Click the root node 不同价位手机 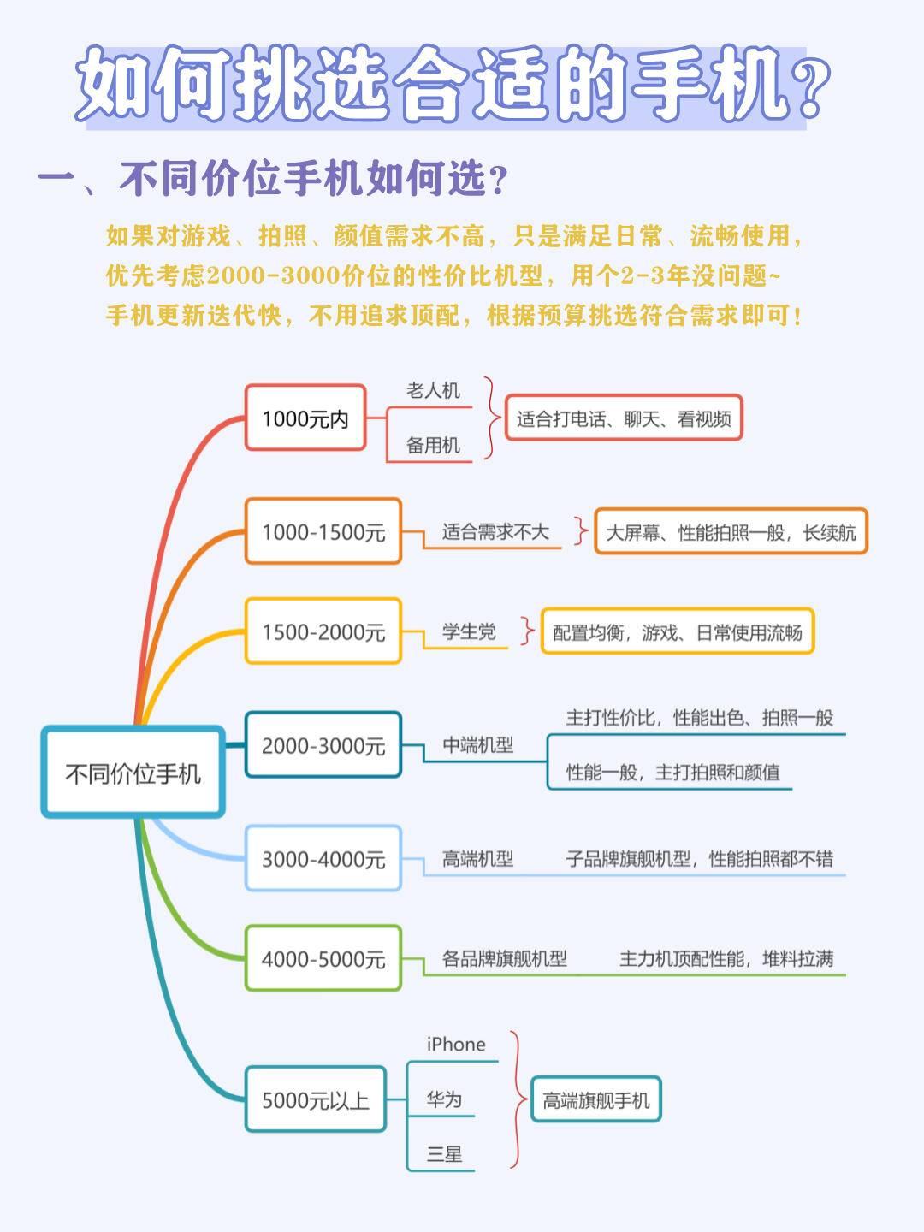(x=133, y=773)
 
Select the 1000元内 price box (x=305, y=418)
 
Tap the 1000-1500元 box (x=323, y=531)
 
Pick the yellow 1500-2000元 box (x=323, y=631)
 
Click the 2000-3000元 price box (x=323, y=745)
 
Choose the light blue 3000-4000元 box (x=323, y=858)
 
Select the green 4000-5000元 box (x=323, y=958)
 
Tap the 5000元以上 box (x=315, y=1099)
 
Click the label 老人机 (x=433, y=391)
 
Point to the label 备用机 (x=433, y=445)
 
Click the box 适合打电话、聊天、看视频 (x=624, y=418)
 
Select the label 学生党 (x=469, y=631)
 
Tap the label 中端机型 (x=477, y=745)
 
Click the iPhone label (x=456, y=1045)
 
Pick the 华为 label (x=444, y=1099)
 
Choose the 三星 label (x=444, y=1154)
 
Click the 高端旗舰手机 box (x=596, y=1100)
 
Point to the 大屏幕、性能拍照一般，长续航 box (x=731, y=532)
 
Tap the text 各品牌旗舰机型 (x=504, y=958)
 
